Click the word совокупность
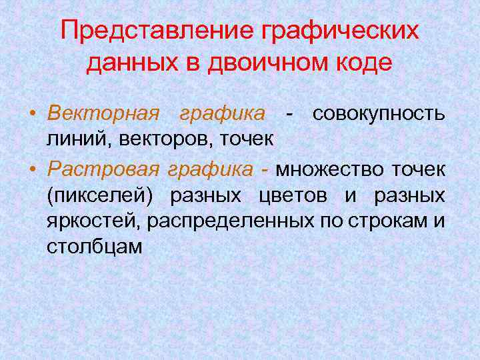click(379, 113)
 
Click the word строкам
click(389, 221)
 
